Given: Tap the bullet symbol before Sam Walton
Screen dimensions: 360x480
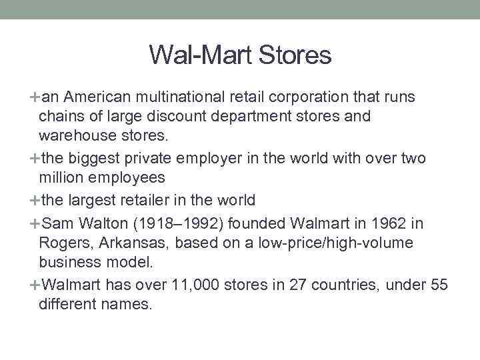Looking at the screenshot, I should click(x=35, y=223).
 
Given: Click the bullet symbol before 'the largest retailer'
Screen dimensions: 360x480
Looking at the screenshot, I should click(x=35, y=200).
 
